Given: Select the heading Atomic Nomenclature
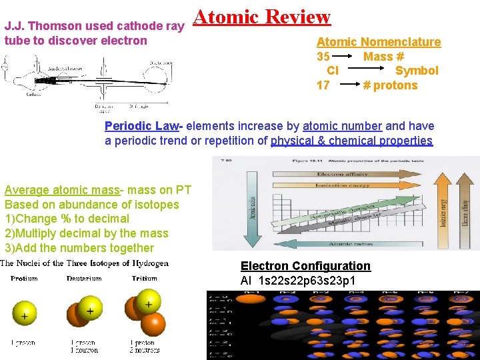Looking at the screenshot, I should (x=378, y=42).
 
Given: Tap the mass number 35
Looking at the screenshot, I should (x=323, y=57).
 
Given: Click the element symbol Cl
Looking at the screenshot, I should (x=333, y=71).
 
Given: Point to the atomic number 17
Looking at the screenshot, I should (x=323, y=85).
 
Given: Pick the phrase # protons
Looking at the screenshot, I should (x=390, y=85).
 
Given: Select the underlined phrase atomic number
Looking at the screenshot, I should (x=342, y=126).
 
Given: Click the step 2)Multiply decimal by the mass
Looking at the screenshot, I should (x=87, y=233).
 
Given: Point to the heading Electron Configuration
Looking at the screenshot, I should (x=305, y=266).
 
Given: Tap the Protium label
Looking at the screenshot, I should (x=25, y=279).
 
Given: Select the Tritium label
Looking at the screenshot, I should (x=145, y=279).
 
